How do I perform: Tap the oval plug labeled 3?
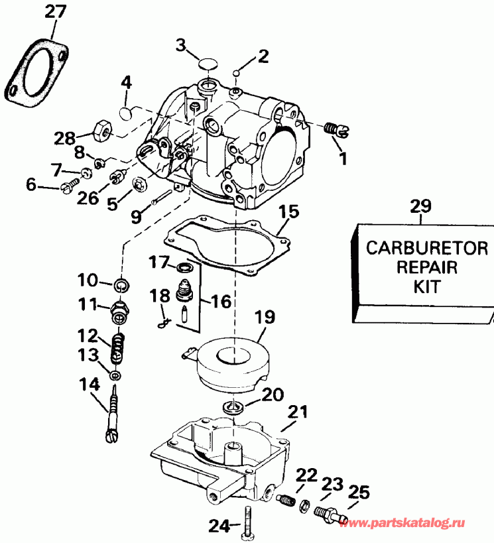[x=208, y=64]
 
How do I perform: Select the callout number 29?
[x=420, y=206]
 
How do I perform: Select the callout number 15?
[x=288, y=213]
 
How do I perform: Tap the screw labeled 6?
[x=69, y=188]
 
